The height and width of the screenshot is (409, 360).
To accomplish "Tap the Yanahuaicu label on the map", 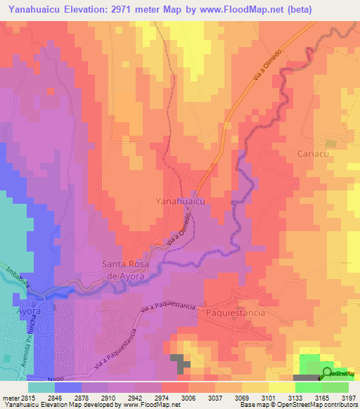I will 180,201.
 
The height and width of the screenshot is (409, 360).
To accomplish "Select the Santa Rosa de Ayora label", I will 134,270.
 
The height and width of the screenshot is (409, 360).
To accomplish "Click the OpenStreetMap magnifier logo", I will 328,374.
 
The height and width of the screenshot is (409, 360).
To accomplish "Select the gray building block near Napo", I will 183,363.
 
